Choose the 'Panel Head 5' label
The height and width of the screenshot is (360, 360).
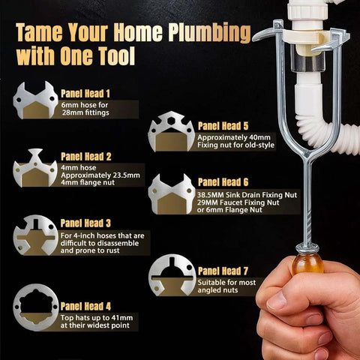coord(223,126)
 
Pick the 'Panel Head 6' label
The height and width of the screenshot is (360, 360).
coord(223,182)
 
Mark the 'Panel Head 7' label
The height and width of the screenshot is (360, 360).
coord(223,270)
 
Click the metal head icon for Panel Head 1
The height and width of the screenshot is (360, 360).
coord(35,100)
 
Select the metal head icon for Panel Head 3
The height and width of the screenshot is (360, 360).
coord(35,235)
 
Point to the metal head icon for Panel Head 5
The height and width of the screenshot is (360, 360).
coord(172,133)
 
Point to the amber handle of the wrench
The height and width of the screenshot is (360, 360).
coord(308,262)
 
